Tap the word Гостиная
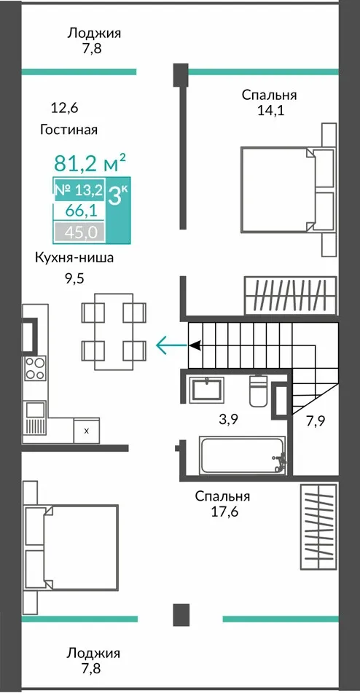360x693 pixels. [69, 130]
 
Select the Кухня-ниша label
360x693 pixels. [74, 258]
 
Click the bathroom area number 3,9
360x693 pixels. [230, 420]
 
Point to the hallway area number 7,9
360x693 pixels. [316, 421]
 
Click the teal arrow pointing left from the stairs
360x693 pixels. [172, 345]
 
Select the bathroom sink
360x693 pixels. [206, 390]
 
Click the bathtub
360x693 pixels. [243, 455]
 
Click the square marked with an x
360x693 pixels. [86, 430]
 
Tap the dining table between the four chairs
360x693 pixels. [114, 332]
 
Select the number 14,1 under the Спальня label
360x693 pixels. [271, 111]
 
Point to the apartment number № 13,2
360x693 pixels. [79, 190]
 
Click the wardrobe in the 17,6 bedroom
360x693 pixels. [318, 527]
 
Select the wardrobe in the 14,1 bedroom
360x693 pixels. [291, 296]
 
